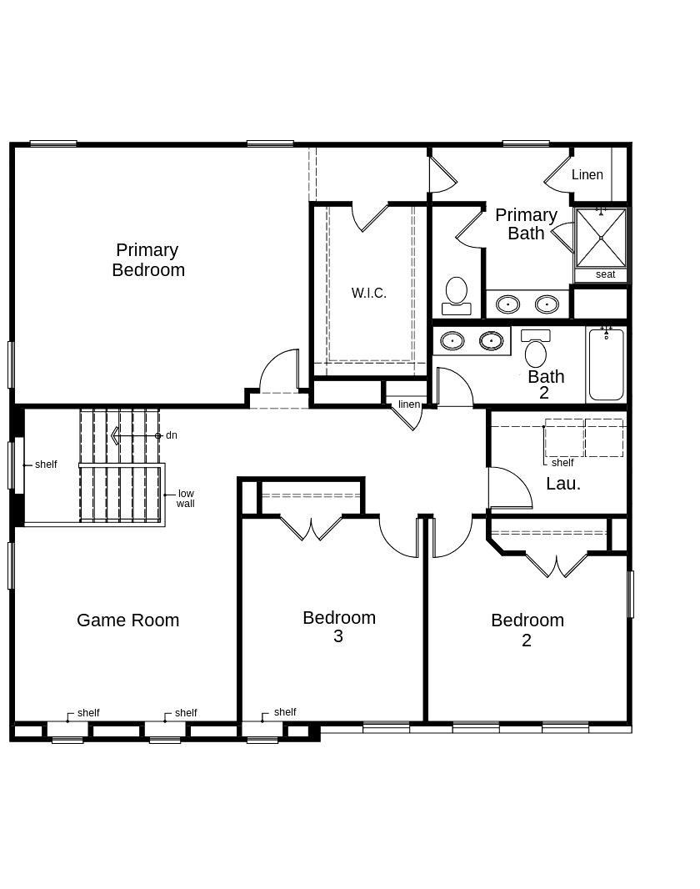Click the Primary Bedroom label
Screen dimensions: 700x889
pos(148,259)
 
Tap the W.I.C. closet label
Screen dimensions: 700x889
pos(368,293)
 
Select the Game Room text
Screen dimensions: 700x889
pos(128,620)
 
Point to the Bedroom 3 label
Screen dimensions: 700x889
pos(339,626)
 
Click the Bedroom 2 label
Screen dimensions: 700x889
pos(527,630)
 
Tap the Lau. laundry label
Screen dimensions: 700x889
pos(563,484)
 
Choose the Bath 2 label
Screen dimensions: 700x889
pos(546,384)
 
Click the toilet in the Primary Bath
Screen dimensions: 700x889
pos(457,295)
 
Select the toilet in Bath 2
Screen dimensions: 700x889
pos(536,348)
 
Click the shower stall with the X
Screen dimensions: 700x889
pos(601,239)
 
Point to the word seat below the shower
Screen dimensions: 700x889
pos(606,274)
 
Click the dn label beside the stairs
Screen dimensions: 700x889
pos(172,435)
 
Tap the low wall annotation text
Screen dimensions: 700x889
pos(185,499)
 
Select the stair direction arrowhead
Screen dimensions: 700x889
pos(115,435)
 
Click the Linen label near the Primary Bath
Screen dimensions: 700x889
pos(587,174)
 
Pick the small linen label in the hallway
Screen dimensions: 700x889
pos(409,404)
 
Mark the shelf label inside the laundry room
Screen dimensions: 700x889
pos(562,463)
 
